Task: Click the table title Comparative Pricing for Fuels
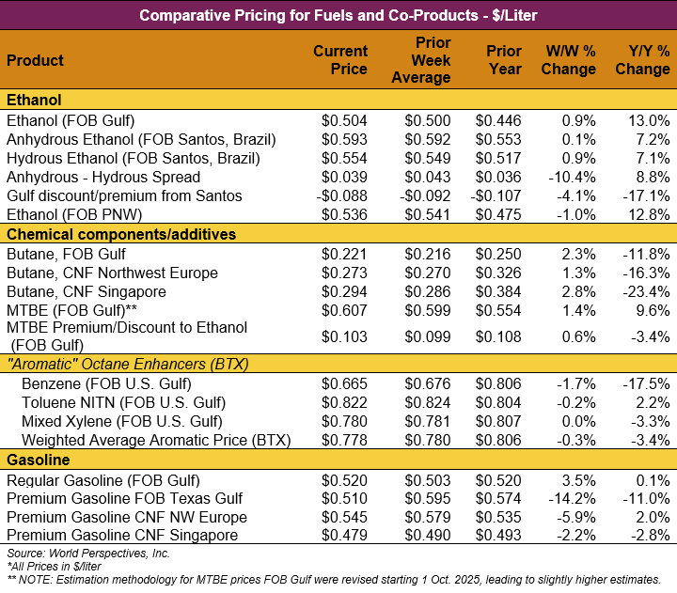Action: [x=338, y=15]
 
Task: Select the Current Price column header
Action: [x=340, y=60]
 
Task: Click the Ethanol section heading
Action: [x=34, y=101]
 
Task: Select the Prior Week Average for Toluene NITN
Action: [x=428, y=402]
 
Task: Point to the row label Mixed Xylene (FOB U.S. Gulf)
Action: [x=122, y=421]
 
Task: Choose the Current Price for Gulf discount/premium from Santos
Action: [x=342, y=196]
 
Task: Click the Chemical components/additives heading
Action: [x=121, y=234]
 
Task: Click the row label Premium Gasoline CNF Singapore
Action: [x=127, y=536]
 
